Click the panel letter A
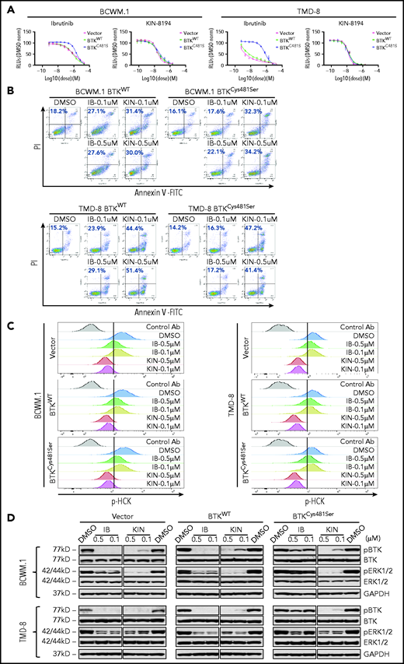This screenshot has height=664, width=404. (7, 5)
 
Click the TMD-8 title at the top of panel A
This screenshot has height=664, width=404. (291, 5)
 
